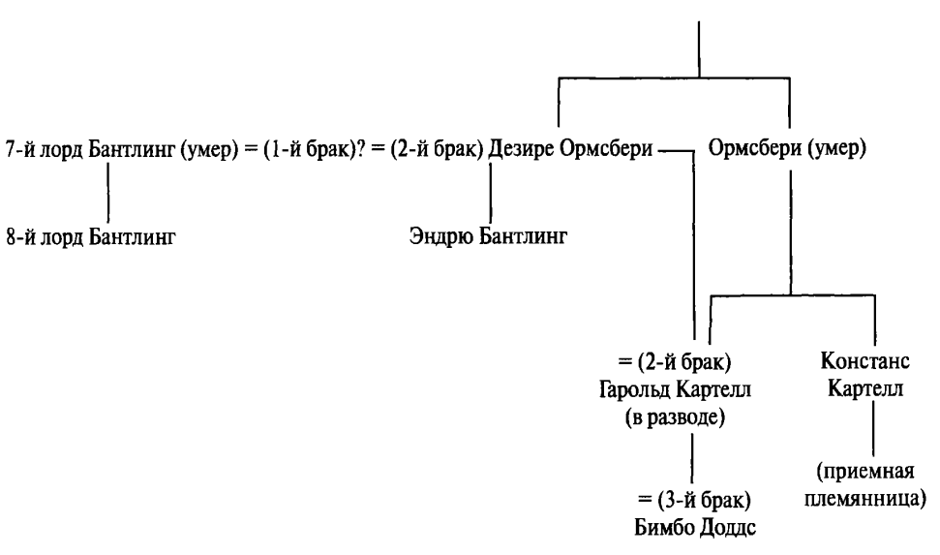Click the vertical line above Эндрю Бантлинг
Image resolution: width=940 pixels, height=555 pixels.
pyautogui.click(x=491, y=192)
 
